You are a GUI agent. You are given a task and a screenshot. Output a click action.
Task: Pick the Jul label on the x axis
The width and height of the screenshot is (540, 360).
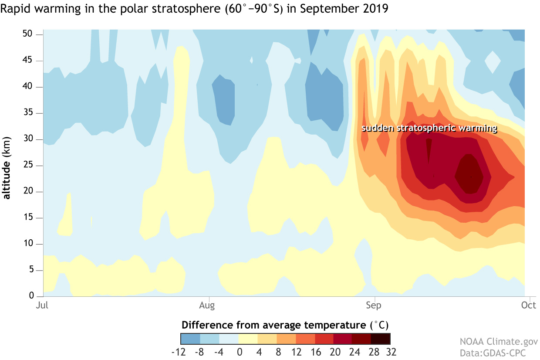tap(42, 305)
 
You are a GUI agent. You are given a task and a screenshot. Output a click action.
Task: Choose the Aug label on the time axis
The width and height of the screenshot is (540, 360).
tap(207, 305)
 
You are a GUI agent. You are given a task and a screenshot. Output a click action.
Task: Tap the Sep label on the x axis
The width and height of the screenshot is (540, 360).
tap(374, 305)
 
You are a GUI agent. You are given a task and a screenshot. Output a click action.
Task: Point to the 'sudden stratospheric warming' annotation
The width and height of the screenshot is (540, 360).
tap(429, 128)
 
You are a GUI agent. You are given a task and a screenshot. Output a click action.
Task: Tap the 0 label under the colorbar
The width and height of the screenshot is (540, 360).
tap(239, 351)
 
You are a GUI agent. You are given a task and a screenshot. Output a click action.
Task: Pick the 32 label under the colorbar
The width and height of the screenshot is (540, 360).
tap(390, 351)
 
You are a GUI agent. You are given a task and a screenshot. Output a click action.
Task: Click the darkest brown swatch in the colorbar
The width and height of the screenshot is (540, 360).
tap(380, 339)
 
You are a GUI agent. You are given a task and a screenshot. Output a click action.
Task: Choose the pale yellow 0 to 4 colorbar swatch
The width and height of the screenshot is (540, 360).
tap(248, 339)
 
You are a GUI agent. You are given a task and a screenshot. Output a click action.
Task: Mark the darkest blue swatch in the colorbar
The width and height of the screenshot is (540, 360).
tap(190, 339)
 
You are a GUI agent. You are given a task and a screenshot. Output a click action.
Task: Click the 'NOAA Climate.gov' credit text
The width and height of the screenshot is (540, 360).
tap(499, 341)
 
